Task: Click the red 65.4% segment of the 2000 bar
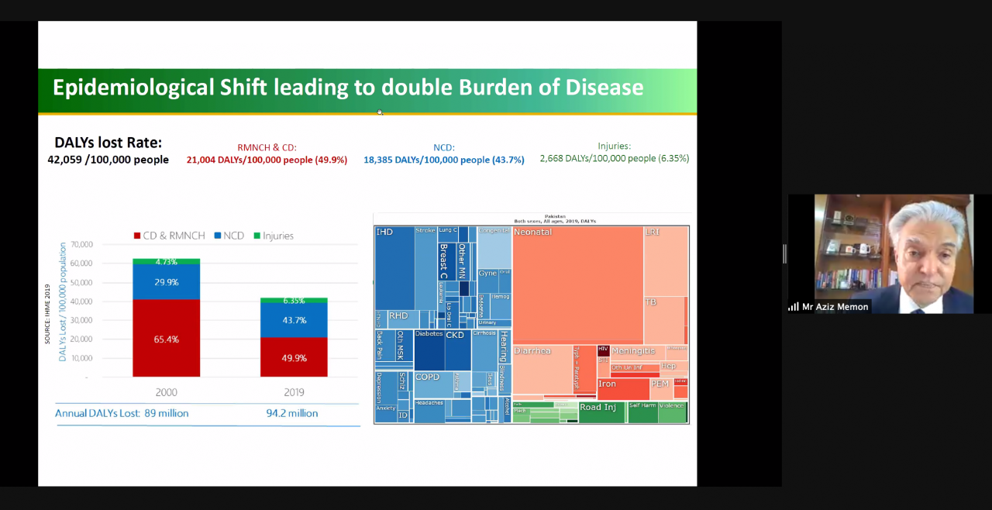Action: (166, 339)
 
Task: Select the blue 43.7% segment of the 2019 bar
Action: (293, 320)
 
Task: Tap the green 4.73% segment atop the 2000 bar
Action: (166, 262)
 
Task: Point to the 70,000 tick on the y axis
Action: (81, 244)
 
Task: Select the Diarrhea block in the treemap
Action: (541, 368)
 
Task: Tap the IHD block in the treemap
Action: (394, 267)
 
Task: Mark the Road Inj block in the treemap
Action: (601, 412)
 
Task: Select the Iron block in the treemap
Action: (622, 388)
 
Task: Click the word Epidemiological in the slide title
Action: (133, 88)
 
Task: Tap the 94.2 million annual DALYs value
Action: (291, 413)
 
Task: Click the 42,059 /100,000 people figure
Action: (108, 160)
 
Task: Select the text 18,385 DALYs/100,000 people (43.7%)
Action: (443, 160)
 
